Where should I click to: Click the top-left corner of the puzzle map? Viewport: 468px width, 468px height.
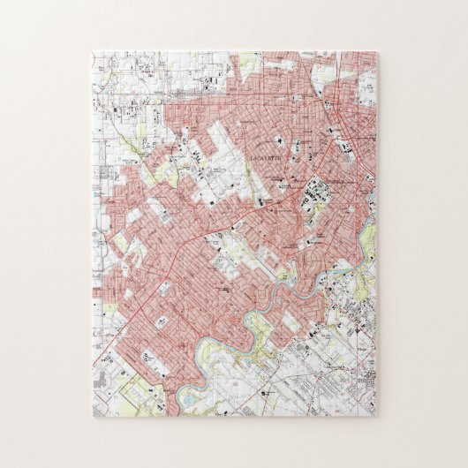tap(92, 51)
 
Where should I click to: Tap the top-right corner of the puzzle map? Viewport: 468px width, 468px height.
tap(376, 51)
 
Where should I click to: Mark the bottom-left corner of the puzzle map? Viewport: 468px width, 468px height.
tap(92, 416)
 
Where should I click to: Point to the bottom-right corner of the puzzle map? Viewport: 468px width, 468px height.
tap(376, 416)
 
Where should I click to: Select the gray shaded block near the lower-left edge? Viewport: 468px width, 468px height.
tap(102, 380)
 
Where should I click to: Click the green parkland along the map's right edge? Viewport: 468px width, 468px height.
tap(369, 234)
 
